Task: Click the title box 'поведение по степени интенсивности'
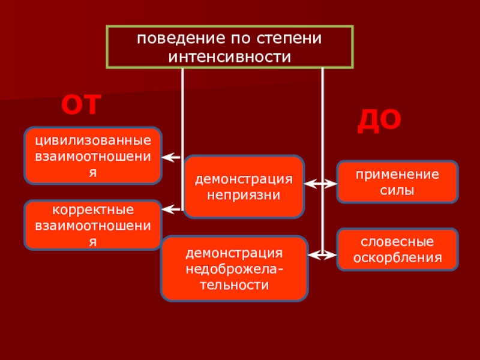click(x=229, y=47)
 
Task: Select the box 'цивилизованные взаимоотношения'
click(x=93, y=155)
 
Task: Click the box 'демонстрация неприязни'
click(x=244, y=187)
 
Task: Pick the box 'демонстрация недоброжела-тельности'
click(x=234, y=268)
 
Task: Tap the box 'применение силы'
click(x=397, y=182)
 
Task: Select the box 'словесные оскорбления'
click(x=397, y=249)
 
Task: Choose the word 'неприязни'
click(x=244, y=195)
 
